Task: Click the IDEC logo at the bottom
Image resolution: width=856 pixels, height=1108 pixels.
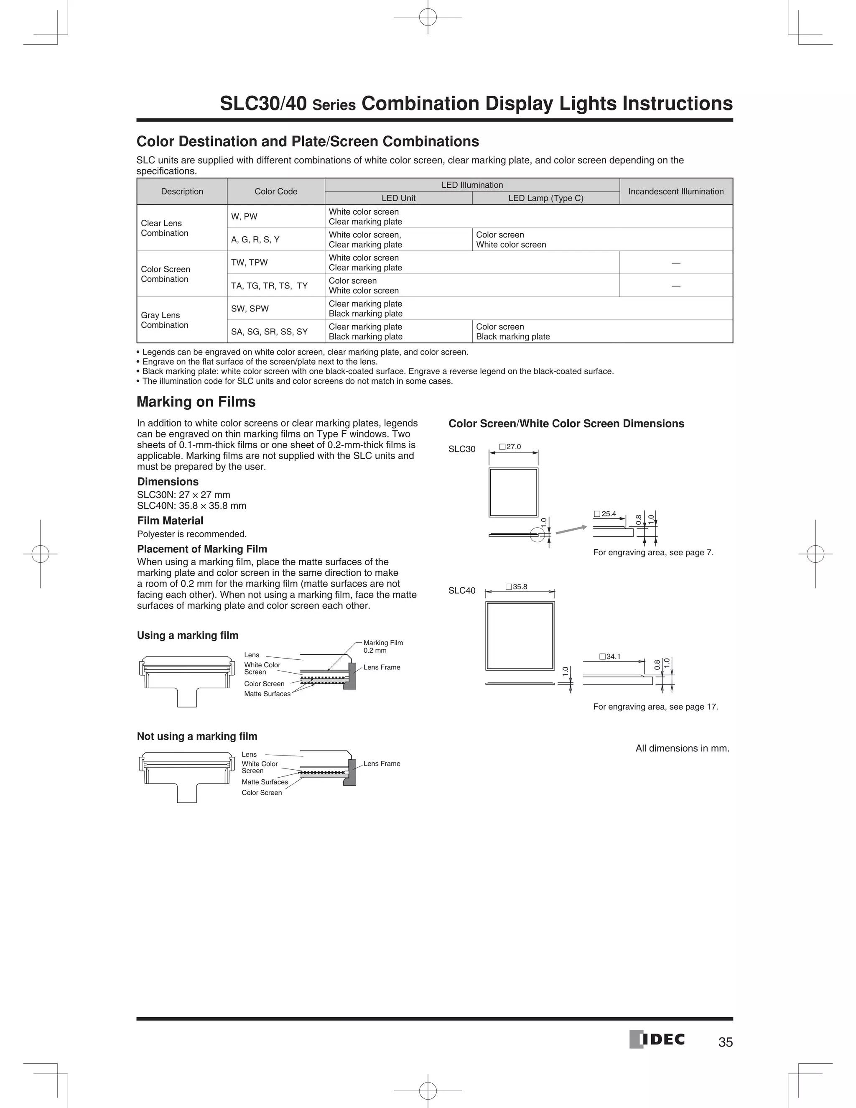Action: click(x=657, y=1039)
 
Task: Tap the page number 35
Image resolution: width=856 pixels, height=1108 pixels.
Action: click(x=725, y=1042)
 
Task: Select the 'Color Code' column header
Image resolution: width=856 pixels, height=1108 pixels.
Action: click(x=276, y=191)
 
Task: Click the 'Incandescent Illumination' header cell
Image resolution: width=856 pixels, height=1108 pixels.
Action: click(x=675, y=191)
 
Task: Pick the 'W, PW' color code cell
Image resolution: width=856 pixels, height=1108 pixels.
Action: click(x=245, y=217)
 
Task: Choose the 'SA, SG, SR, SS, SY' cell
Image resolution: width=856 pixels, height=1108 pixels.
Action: click(x=269, y=332)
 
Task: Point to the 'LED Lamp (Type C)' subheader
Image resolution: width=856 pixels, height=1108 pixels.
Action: click(x=545, y=198)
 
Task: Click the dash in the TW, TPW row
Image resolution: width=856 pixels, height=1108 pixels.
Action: click(x=675, y=263)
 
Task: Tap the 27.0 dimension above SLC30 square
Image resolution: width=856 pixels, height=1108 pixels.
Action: click(x=510, y=447)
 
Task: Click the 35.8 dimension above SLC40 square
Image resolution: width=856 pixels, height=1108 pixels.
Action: click(x=517, y=587)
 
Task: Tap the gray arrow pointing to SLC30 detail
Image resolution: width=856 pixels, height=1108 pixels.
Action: click(x=571, y=530)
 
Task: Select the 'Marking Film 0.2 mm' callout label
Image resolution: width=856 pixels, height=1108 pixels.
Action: click(x=383, y=646)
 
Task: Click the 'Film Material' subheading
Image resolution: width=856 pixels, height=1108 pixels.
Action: click(x=170, y=521)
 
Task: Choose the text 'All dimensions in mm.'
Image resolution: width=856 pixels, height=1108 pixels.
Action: click(x=682, y=748)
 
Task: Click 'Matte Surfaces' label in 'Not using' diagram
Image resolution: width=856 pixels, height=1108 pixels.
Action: click(x=265, y=782)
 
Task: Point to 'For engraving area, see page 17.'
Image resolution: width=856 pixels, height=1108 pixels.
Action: click(x=655, y=707)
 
